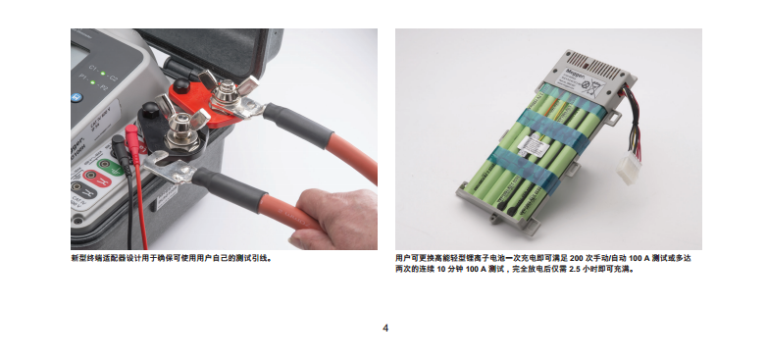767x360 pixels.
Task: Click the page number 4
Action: [385, 329]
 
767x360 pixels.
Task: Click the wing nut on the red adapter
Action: [228, 90]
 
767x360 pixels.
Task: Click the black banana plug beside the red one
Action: [120, 149]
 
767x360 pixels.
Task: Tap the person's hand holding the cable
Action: [332, 219]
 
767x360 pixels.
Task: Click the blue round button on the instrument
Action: [77, 97]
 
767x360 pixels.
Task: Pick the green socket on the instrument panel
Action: [110, 167]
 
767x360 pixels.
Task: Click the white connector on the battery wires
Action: [629, 168]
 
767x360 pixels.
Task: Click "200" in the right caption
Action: [577, 258]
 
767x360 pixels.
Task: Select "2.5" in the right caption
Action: [575, 269]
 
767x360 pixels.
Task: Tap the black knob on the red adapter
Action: [181, 85]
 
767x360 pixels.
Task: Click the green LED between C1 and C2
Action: [103, 74]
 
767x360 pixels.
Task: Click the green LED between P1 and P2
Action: [92, 82]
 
